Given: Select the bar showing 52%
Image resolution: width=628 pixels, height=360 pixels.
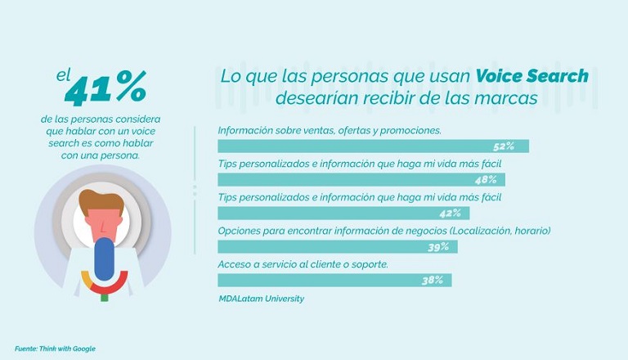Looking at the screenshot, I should (x=372, y=146).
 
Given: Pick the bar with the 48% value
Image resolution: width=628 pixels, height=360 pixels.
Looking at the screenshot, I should (x=360, y=180).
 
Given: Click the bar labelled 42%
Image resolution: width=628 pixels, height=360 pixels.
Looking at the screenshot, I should (x=343, y=214).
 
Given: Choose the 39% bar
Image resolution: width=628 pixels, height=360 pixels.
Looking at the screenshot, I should (x=337, y=247).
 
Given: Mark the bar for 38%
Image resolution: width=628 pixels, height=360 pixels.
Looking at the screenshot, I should (x=334, y=281).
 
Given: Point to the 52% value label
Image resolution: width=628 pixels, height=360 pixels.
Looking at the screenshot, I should (x=503, y=146).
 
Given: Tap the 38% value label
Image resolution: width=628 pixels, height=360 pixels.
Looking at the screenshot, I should (x=433, y=281).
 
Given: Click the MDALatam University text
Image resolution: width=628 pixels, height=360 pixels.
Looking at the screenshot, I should (x=261, y=299).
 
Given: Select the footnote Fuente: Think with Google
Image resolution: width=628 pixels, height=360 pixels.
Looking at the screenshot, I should (x=55, y=349).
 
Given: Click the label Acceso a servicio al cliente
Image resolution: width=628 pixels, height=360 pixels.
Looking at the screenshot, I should (x=302, y=264).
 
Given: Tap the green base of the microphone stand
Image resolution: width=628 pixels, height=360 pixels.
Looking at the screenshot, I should (x=104, y=296).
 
